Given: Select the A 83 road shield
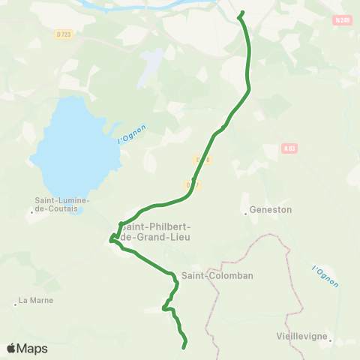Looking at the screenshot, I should pos(290,149).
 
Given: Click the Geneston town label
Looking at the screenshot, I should pos(270,211).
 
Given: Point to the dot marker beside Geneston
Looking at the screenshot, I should pos(245,213).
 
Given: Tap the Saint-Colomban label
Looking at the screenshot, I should pos(212,275).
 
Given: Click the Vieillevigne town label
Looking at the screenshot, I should pos(299,336).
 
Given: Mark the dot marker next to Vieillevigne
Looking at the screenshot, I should pos(328,337).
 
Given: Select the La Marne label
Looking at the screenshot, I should pos(36,301).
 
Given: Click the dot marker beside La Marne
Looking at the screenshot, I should pos(15,304).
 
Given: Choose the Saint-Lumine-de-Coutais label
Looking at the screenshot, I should pos(63,205).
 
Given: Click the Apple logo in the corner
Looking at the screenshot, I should pos(12,348).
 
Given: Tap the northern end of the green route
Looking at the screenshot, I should pos(241,14).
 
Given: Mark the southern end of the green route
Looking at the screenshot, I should pos(184,346).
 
